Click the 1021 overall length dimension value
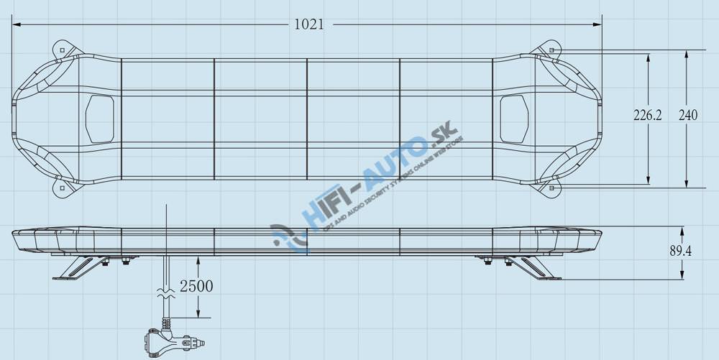[309, 24]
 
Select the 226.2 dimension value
[647, 115]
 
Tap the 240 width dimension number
[688, 115]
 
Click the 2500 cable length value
[196, 286]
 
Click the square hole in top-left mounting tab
[62, 50]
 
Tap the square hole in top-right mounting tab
[551, 50]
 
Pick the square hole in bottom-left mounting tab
[62, 188]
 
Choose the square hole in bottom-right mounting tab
[551, 188]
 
